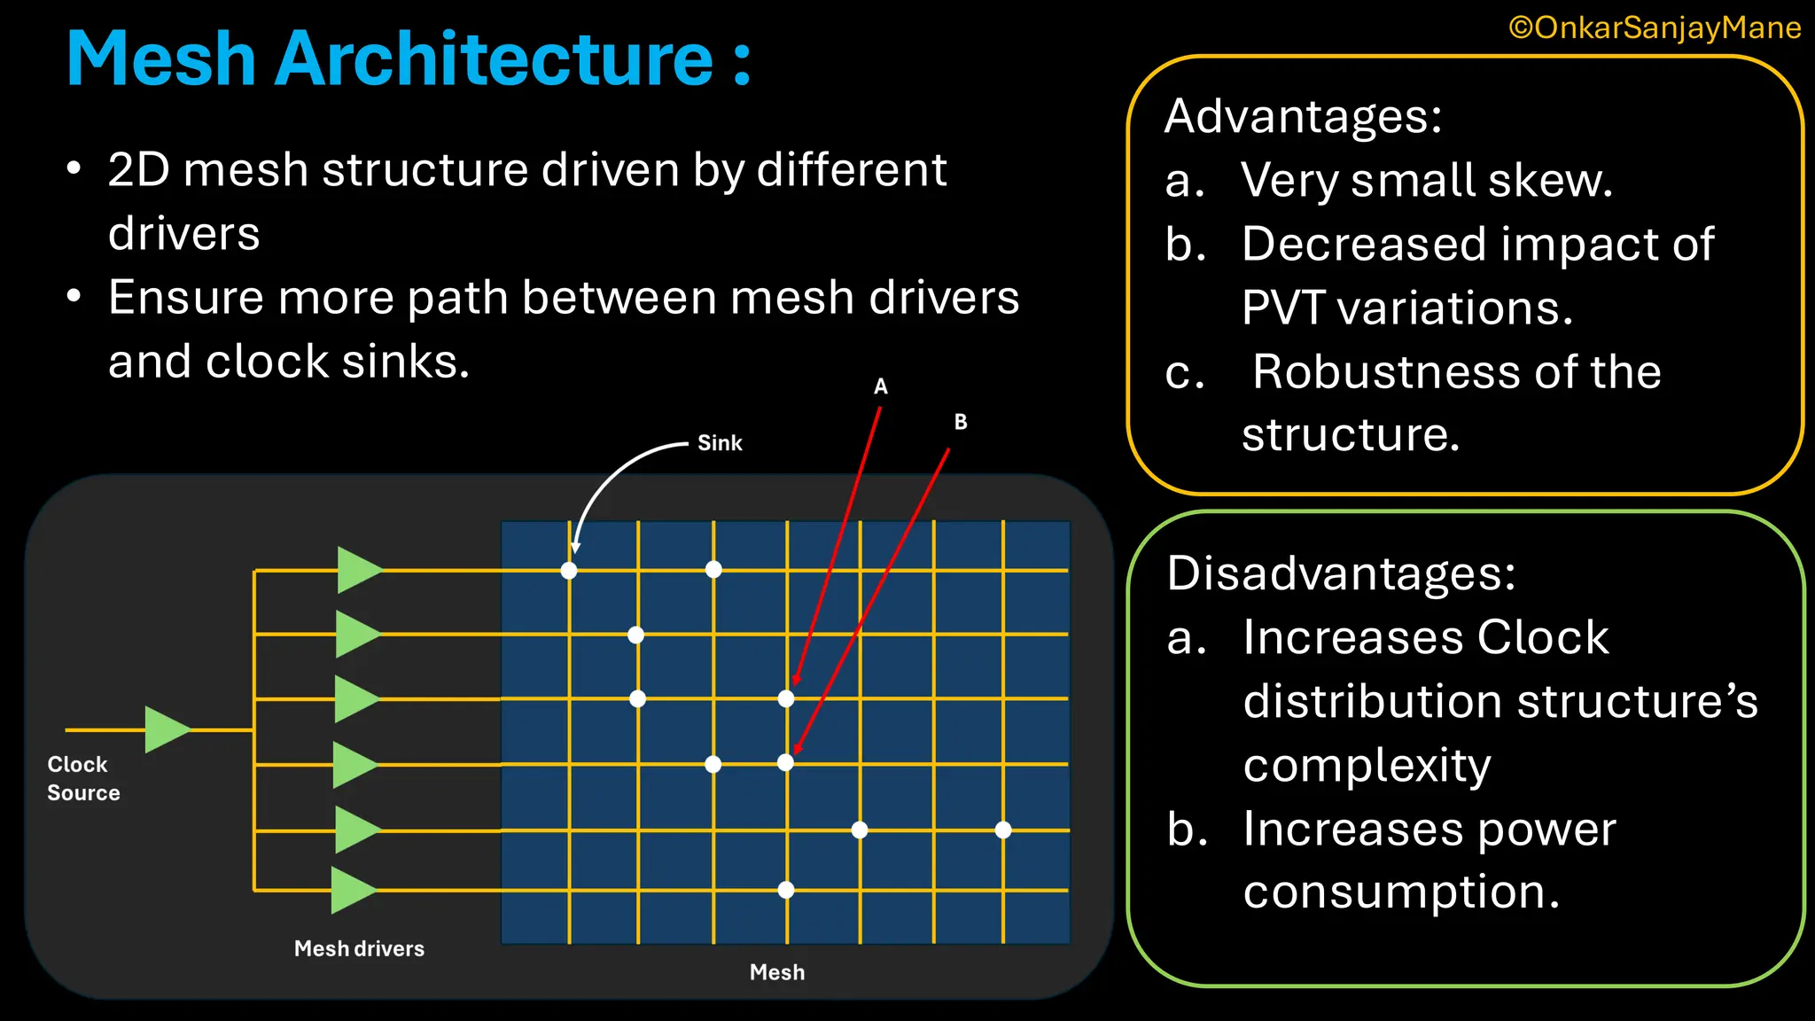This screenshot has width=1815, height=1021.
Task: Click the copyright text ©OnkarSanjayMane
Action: (1655, 27)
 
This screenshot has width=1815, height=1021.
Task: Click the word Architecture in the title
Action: (493, 59)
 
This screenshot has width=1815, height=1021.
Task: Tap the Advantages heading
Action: (1303, 116)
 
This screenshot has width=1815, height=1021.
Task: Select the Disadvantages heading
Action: (1341, 573)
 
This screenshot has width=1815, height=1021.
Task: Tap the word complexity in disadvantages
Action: (1367, 765)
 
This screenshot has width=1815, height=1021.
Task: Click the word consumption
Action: (1400, 892)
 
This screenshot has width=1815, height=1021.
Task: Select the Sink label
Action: (720, 443)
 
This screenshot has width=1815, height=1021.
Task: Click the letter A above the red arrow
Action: (880, 386)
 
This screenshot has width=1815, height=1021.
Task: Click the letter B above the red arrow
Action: (961, 422)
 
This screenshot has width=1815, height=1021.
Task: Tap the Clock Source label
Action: (82, 778)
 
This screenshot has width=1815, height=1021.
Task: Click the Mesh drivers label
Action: (359, 948)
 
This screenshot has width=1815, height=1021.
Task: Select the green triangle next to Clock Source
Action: (165, 729)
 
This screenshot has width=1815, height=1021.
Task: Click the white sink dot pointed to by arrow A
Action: (786, 698)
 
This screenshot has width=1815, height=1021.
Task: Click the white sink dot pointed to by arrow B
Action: (786, 762)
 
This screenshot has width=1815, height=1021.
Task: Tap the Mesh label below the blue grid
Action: (777, 972)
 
